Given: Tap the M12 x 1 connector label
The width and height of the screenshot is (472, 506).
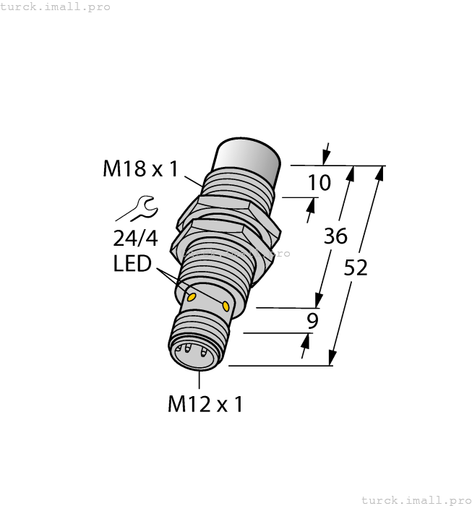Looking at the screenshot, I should tap(205, 404).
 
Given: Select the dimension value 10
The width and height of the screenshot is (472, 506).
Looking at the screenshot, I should tap(319, 183).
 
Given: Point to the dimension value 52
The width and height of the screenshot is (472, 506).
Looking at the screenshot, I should tap(355, 267).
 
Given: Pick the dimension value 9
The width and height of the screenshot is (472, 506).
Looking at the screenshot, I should tap(312, 321).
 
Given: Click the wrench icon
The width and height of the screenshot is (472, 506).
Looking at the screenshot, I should tap(137, 209).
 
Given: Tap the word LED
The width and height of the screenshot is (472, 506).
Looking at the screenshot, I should tap(132, 265).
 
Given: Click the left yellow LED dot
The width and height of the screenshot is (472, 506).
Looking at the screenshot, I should tap(192, 297).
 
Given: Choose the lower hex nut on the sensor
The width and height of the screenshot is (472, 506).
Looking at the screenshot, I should tap(217, 239).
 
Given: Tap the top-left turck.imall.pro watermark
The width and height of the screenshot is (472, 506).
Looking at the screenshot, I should tap(55, 7).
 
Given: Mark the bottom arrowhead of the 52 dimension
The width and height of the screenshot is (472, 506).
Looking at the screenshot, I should tap(332, 359).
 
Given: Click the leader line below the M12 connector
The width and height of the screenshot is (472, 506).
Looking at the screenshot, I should tap(197, 380).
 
